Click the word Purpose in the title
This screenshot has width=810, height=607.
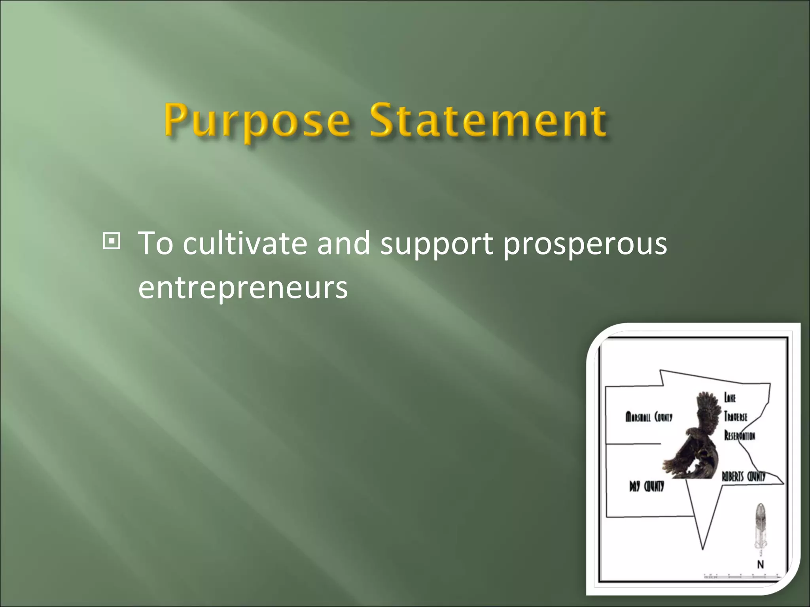(x=257, y=121)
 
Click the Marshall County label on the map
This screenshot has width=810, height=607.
(x=649, y=417)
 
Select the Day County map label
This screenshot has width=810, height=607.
(x=647, y=486)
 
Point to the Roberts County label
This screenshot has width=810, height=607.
(x=744, y=477)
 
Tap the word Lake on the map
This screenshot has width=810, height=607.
(x=730, y=398)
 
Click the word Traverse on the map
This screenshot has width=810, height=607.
(x=736, y=417)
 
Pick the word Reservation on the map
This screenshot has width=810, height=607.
(x=740, y=435)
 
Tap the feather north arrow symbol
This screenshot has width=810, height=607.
(x=760, y=526)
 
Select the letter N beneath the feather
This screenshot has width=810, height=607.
(x=760, y=565)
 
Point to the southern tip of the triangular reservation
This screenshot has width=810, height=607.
(x=703, y=548)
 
